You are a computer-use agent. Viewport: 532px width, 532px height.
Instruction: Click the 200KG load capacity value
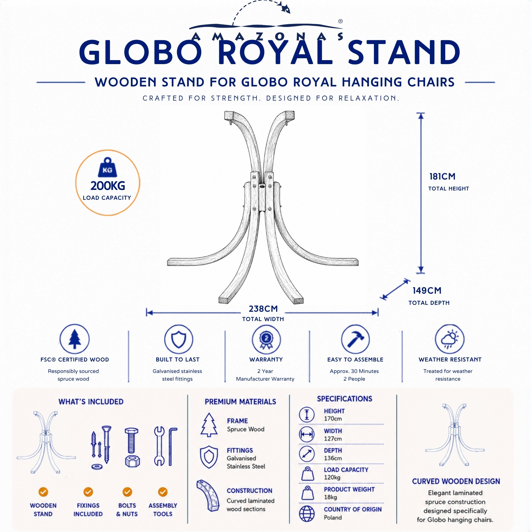coord(108,186)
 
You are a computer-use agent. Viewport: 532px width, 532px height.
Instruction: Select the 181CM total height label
coord(443,177)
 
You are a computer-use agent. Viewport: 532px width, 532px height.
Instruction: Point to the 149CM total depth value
coord(427,290)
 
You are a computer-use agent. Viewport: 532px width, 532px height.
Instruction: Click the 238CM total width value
coord(263,309)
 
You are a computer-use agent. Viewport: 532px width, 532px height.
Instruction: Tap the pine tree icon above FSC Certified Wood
coord(75,339)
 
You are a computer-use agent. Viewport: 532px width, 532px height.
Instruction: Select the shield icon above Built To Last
coord(178,339)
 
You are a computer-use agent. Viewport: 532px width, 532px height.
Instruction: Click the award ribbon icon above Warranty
coord(266,339)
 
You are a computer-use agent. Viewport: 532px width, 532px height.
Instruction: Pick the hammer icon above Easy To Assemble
coord(355,339)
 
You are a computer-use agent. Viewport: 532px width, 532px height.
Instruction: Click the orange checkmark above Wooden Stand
coord(43,492)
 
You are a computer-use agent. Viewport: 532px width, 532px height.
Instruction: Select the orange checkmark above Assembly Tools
coord(163,492)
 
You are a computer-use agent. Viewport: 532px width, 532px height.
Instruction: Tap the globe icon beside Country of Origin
coord(307,514)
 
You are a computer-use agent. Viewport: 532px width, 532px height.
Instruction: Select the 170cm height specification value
coord(333,418)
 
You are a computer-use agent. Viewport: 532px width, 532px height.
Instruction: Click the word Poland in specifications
coord(333,517)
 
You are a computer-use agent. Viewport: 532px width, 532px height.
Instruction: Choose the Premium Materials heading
coord(240,402)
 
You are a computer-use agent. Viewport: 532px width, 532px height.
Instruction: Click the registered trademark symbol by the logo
coord(340,21)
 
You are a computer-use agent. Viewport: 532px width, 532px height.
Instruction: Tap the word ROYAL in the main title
coord(275,53)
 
